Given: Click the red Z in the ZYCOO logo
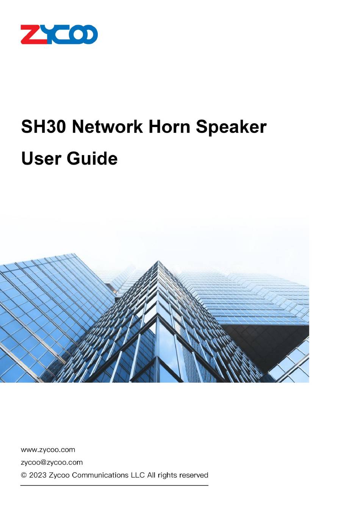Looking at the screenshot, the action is (x=34, y=34).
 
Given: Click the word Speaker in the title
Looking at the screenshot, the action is (x=231, y=127).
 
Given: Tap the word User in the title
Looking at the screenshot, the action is (x=41, y=159).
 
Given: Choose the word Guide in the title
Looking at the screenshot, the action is (x=92, y=159).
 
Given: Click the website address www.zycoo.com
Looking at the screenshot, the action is (x=48, y=450).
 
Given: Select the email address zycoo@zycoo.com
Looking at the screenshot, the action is (x=52, y=462).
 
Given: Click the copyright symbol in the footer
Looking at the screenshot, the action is (x=24, y=475).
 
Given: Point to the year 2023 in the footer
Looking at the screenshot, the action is (x=38, y=475).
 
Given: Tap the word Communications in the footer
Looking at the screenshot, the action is (x=100, y=475).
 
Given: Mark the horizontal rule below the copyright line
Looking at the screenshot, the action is (x=114, y=485).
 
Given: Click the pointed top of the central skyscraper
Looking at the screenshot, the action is (x=158, y=261).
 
